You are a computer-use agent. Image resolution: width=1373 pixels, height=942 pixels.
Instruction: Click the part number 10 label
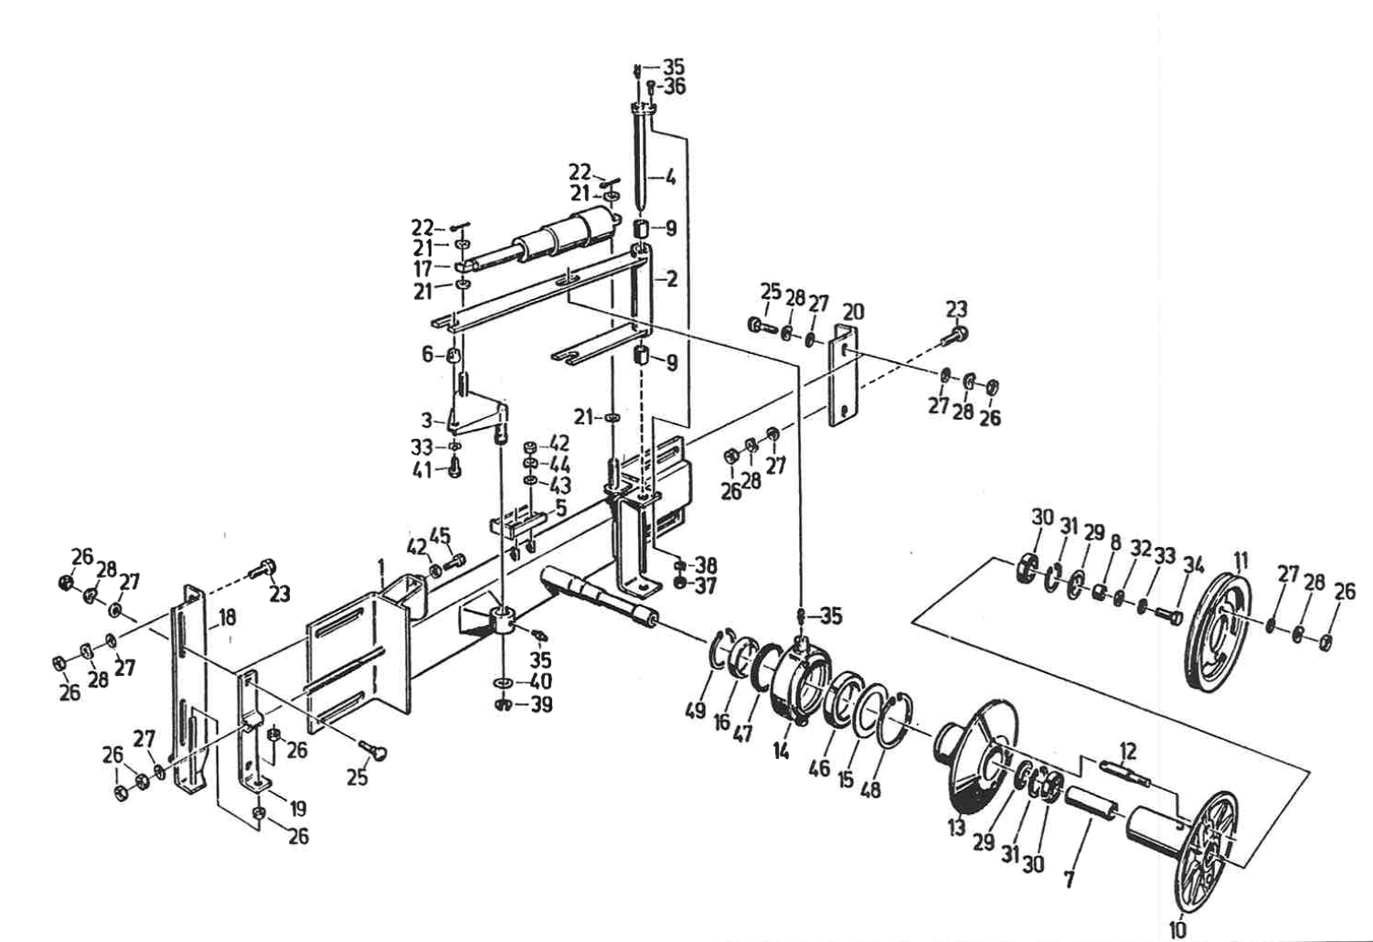tap(1177, 929)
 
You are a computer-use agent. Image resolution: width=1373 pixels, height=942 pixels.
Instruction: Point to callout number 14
tap(781, 752)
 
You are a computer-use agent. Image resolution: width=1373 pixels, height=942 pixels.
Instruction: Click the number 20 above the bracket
tap(853, 312)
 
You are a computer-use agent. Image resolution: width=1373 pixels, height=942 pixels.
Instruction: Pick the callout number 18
tap(227, 617)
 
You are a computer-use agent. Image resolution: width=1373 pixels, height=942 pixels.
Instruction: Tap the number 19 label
tap(297, 809)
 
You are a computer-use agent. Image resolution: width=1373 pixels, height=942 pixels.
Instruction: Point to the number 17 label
tap(423, 269)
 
